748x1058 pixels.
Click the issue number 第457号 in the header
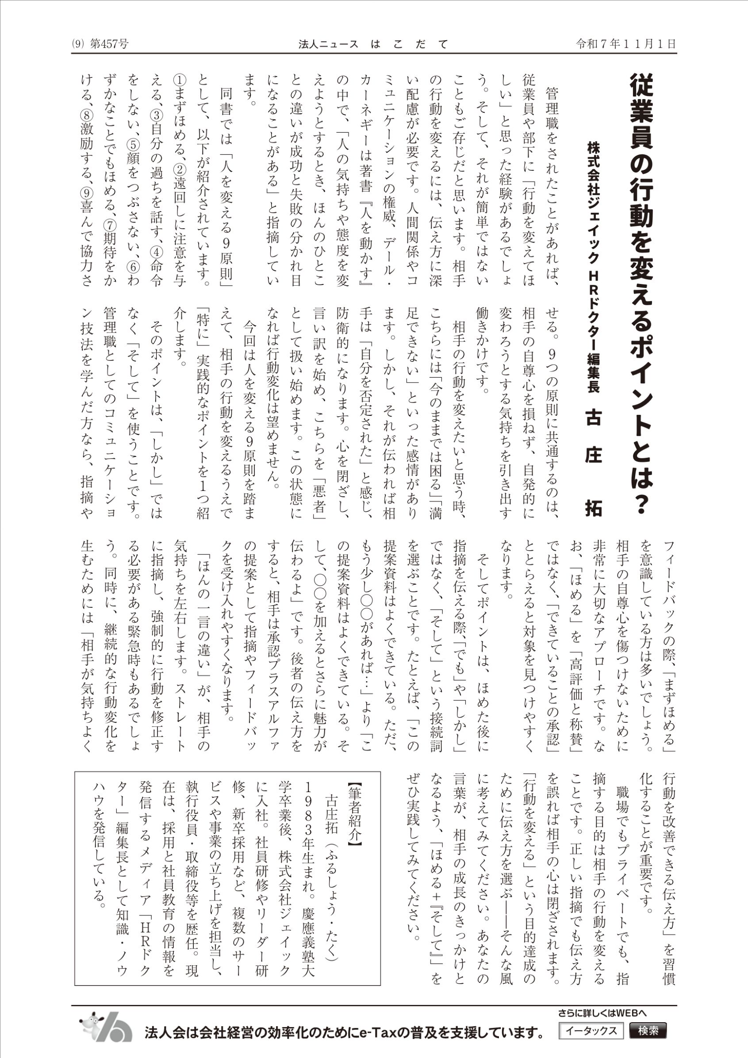[x=111, y=44]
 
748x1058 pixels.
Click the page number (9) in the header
[x=78, y=44]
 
